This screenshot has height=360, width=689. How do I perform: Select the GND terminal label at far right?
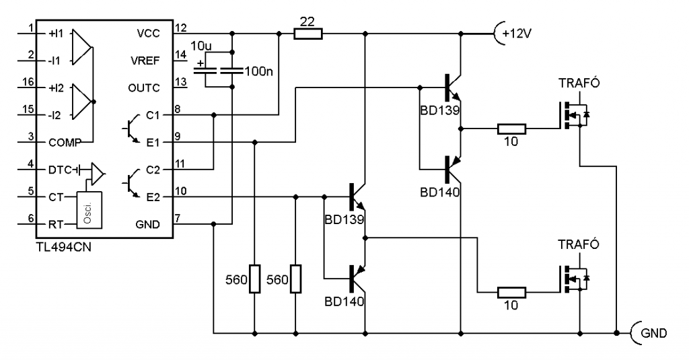pos(653,332)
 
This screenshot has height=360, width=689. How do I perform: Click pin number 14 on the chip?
pos(181,55)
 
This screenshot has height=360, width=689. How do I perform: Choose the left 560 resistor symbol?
pos(254,279)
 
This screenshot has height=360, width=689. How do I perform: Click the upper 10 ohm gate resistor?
pos(511,128)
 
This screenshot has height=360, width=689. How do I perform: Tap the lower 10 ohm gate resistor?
pos(511,293)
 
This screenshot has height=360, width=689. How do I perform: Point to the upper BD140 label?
pos(439,191)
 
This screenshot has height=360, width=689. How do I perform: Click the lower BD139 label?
pos(343,219)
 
